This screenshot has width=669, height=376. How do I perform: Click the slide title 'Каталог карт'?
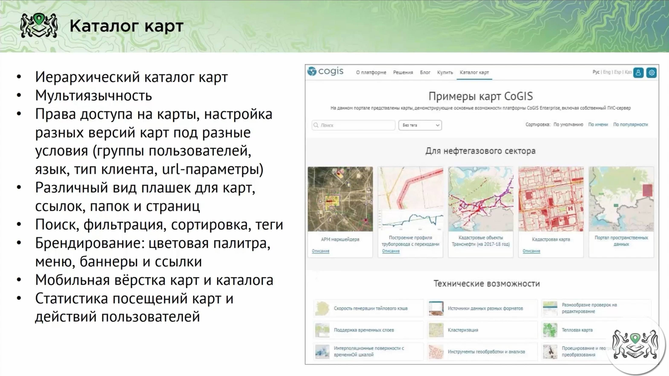pos(126,26)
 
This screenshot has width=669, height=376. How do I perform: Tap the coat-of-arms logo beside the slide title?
pos(39,25)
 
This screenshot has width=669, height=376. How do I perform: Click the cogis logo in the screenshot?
pos(325,71)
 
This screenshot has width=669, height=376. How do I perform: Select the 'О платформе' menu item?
pos(371,73)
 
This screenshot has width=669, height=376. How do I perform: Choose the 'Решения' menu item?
pos(403,73)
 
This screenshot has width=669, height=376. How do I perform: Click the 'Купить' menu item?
pos(445,73)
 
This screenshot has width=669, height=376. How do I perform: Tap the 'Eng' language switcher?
pos(607,72)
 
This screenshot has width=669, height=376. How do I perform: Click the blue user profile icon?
pos(638,73)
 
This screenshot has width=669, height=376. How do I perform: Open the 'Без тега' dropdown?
pos(420,125)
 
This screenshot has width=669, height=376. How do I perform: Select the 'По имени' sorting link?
pos(598,125)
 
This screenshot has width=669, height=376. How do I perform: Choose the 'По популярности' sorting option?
pos(630,125)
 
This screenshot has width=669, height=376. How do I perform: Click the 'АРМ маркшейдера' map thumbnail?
pos(340,199)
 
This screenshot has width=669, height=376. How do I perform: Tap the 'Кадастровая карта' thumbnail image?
pos(551,199)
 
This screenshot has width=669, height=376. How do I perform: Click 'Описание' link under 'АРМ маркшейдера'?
pos(321,251)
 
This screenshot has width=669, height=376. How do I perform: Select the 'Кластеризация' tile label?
pos(463,330)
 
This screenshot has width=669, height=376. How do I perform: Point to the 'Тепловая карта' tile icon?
pos(550,330)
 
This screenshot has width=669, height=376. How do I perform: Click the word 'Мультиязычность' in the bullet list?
pos(93,96)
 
